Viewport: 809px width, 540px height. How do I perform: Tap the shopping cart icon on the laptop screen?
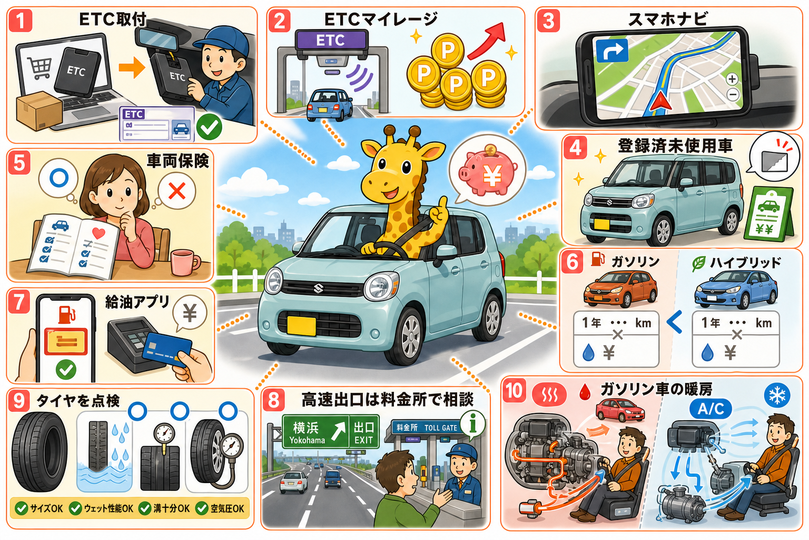pos(39,69)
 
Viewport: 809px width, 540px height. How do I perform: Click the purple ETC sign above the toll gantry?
pos(331,40)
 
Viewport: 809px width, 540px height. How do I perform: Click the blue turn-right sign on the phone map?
pos(612,51)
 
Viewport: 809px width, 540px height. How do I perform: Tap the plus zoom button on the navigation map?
pos(732,79)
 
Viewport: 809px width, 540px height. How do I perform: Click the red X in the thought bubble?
pos(177,190)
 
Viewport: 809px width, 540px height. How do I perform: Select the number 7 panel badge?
pos(18,302)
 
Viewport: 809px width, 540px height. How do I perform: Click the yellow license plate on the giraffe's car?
pos(301,325)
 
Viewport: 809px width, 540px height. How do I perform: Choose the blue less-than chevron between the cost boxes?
pos(675,322)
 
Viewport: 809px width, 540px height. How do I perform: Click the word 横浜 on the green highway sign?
pos(305,428)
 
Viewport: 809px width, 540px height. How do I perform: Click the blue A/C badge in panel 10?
pos(711,409)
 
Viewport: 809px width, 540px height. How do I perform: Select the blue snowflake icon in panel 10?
pos(776,394)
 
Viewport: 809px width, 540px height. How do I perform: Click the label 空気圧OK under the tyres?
pos(228,508)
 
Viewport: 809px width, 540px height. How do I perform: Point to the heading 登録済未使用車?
pos(675,146)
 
